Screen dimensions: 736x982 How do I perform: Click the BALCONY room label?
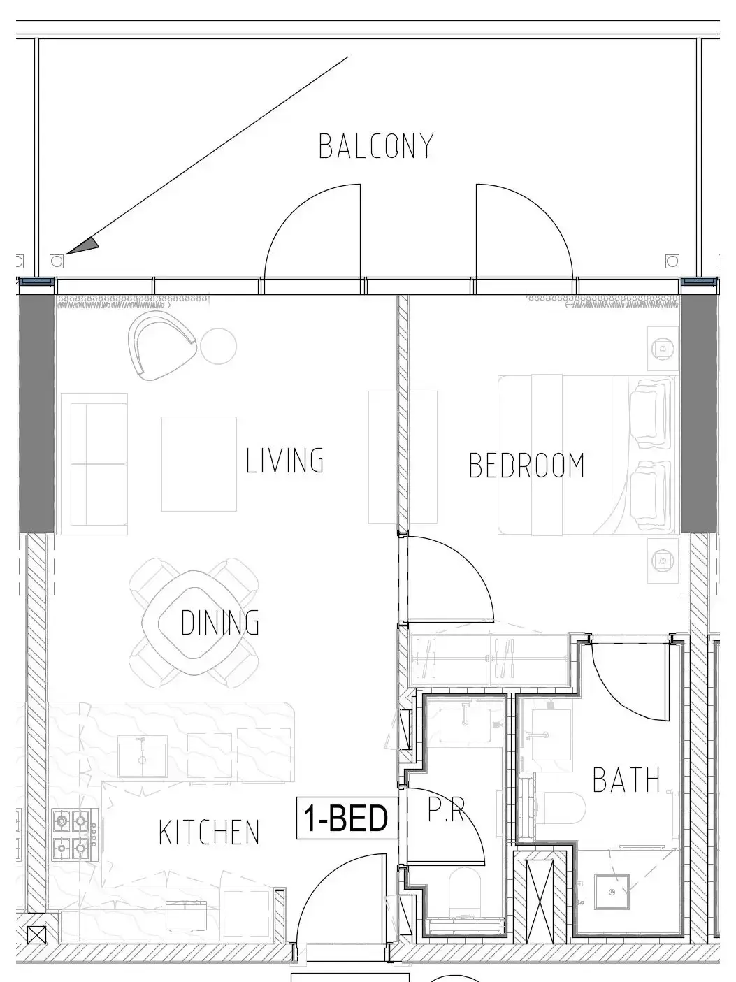click(x=376, y=146)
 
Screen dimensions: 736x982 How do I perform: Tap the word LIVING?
click(x=284, y=461)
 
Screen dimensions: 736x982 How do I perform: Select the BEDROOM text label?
click(x=526, y=465)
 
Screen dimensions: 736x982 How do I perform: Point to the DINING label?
click(x=219, y=622)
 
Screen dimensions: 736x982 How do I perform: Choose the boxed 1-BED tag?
click(x=347, y=818)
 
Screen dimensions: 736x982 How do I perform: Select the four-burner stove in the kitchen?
click(x=71, y=835)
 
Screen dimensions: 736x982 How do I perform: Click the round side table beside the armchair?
click(x=218, y=346)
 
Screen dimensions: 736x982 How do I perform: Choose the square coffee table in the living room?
click(x=199, y=464)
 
